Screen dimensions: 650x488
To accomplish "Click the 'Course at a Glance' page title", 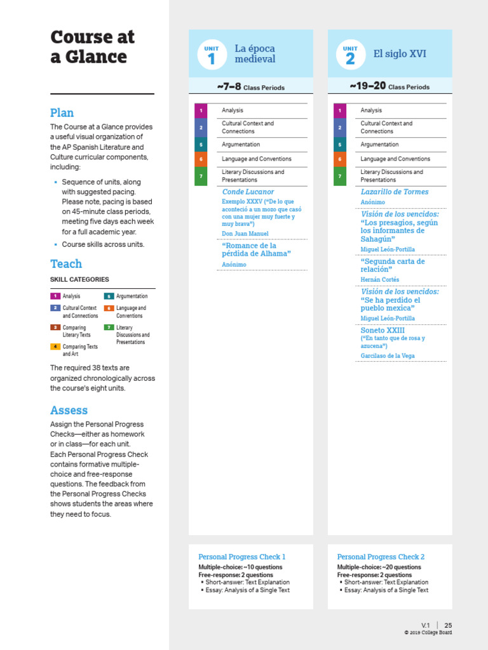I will coord(92,47).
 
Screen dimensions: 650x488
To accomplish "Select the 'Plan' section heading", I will coord(62,113).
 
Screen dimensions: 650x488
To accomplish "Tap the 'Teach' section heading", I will coord(66,263).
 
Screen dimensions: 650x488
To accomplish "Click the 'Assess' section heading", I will coord(69,410).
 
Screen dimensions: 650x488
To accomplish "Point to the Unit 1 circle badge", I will coord(212,55).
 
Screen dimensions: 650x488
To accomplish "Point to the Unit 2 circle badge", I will coord(350,55).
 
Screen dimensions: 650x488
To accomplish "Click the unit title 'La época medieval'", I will coord(255,54).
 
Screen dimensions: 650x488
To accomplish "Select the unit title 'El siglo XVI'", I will coord(399,54).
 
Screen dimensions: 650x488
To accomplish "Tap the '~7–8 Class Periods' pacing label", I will coord(250,86).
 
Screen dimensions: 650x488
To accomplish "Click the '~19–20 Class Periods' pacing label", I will coord(389,86).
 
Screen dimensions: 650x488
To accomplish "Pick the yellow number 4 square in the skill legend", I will coord(55,347).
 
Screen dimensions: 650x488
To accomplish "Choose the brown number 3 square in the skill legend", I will coord(55,328).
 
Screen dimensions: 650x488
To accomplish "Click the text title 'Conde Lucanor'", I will coord(248,192).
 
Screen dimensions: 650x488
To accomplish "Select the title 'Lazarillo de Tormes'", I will coord(394,192).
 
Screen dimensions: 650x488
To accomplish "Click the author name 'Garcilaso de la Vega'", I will coord(387,356).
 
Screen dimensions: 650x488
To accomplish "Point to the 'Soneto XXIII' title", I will coord(382,331).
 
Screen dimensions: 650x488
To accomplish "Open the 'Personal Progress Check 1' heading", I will coord(241,557).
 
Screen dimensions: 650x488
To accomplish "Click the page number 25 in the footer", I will coord(448,625).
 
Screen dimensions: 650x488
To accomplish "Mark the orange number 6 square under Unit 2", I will coord(340,159).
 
